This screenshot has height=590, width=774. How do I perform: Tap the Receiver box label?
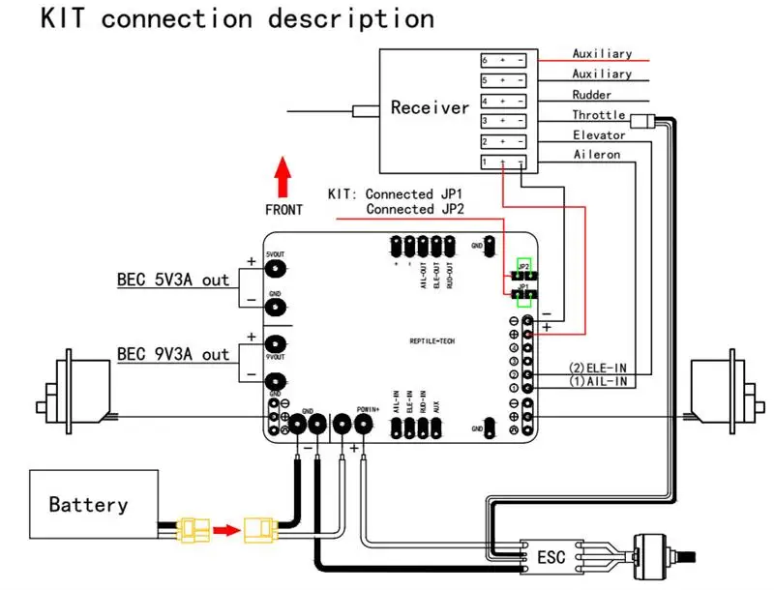pyautogui.click(x=430, y=107)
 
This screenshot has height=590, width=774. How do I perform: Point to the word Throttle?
pyautogui.click(x=599, y=115)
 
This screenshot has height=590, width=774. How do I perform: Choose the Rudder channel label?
pyautogui.click(x=592, y=95)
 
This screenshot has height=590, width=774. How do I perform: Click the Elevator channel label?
pyautogui.click(x=599, y=135)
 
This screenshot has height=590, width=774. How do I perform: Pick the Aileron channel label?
pyautogui.click(x=596, y=155)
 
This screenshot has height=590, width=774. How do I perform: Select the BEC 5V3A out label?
pyautogui.click(x=173, y=280)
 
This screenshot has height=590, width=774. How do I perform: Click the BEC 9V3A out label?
pyautogui.click(x=173, y=353)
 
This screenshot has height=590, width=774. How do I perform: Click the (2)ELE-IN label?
pyautogui.click(x=599, y=367)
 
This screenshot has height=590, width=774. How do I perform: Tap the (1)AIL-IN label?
pyautogui.click(x=599, y=381)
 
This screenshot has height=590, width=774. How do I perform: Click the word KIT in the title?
pyautogui.click(x=66, y=19)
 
